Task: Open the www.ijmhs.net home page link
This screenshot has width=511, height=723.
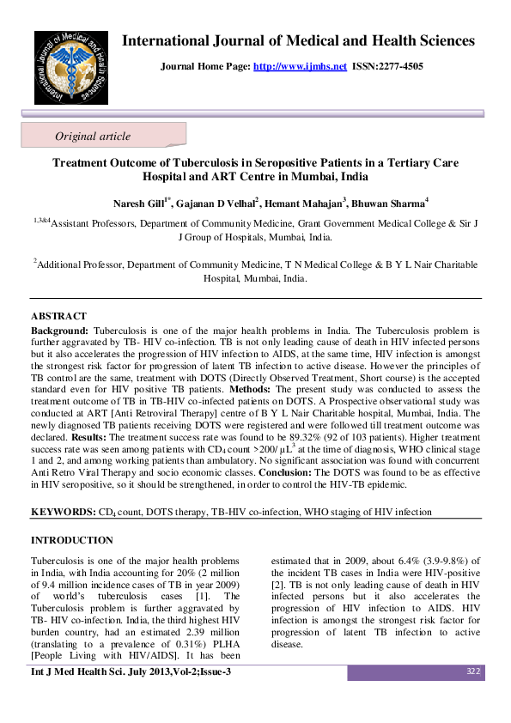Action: (x=300, y=65)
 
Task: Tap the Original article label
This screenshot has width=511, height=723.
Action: (x=93, y=136)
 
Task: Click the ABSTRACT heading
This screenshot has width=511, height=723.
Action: (x=58, y=317)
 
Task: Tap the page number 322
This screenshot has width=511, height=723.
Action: (x=472, y=671)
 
